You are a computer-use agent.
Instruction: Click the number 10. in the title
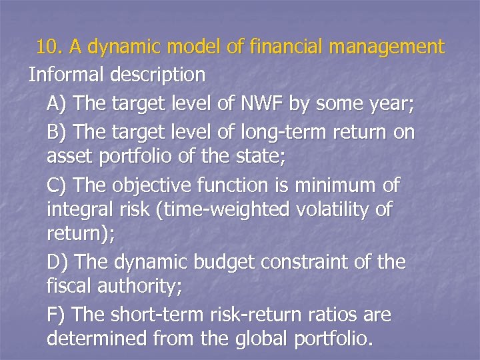coord(50,47)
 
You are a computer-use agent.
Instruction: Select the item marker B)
coord(57,132)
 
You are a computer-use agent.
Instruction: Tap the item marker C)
coord(57,184)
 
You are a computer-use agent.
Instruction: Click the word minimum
coord(338,184)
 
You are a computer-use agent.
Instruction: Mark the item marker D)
coord(57,262)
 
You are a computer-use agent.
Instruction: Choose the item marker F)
coord(57,314)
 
